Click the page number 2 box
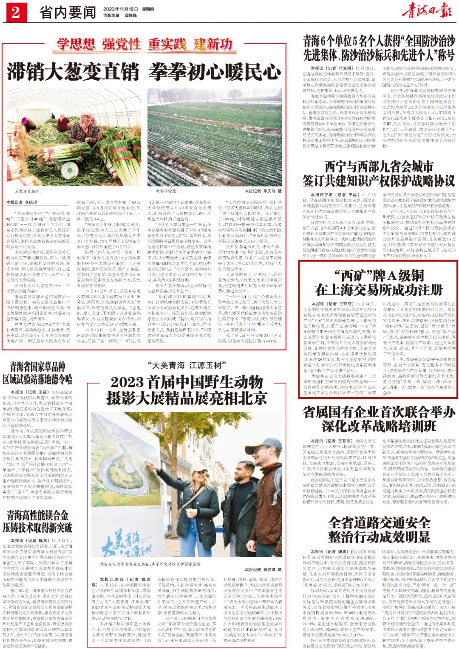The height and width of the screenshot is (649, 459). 15,12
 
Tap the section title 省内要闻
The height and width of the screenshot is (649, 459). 68,12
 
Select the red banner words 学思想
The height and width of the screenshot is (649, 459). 76,44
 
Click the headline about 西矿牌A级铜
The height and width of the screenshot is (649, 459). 378,283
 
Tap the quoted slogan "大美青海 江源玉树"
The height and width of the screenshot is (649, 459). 187,365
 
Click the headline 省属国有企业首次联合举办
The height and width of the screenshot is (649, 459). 378,419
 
